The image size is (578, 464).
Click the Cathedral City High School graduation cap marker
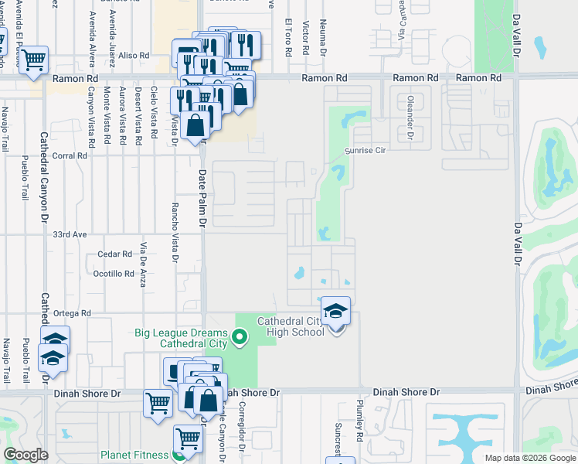(336, 311)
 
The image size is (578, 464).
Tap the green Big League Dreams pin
(240, 336)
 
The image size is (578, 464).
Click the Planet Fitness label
(138, 455)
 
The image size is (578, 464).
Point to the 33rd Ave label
(68, 233)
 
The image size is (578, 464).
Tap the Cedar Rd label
(115, 254)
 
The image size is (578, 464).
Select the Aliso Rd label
(133, 56)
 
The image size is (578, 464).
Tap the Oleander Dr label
(410, 119)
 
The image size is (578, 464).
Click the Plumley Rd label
(360, 421)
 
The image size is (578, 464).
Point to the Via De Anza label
(144, 265)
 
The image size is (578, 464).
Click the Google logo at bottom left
(25, 455)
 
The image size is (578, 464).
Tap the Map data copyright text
(530, 458)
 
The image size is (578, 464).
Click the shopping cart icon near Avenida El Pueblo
(33, 60)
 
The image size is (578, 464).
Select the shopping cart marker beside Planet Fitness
(188, 439)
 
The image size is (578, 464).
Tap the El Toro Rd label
(288, 36)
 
